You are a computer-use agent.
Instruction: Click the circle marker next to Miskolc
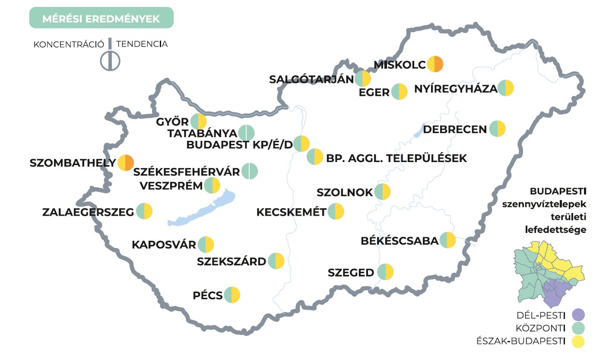[435, 64]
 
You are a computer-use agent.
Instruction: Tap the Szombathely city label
[73, 163]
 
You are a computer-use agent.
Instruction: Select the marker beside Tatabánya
[247, 133]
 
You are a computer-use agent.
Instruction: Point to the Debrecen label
[455, 129]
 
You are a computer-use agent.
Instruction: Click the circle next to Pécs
[232, 295]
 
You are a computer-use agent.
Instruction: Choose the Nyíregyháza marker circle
[506, 88]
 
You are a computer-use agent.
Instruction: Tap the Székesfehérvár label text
[187, 172]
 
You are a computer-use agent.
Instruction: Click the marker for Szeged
[385, 272]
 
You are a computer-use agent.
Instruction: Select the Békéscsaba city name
[400, 241]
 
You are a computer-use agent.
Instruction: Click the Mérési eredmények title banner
[101, 18]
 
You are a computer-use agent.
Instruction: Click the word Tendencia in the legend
[142, 44]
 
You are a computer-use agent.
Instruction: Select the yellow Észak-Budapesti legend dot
[577, 341]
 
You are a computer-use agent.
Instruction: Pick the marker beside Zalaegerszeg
[144, 212]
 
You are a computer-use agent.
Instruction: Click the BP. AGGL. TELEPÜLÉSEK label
[396, 158]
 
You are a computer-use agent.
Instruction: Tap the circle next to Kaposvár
[206, 245]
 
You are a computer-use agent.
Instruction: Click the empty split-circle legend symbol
[110, 61]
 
